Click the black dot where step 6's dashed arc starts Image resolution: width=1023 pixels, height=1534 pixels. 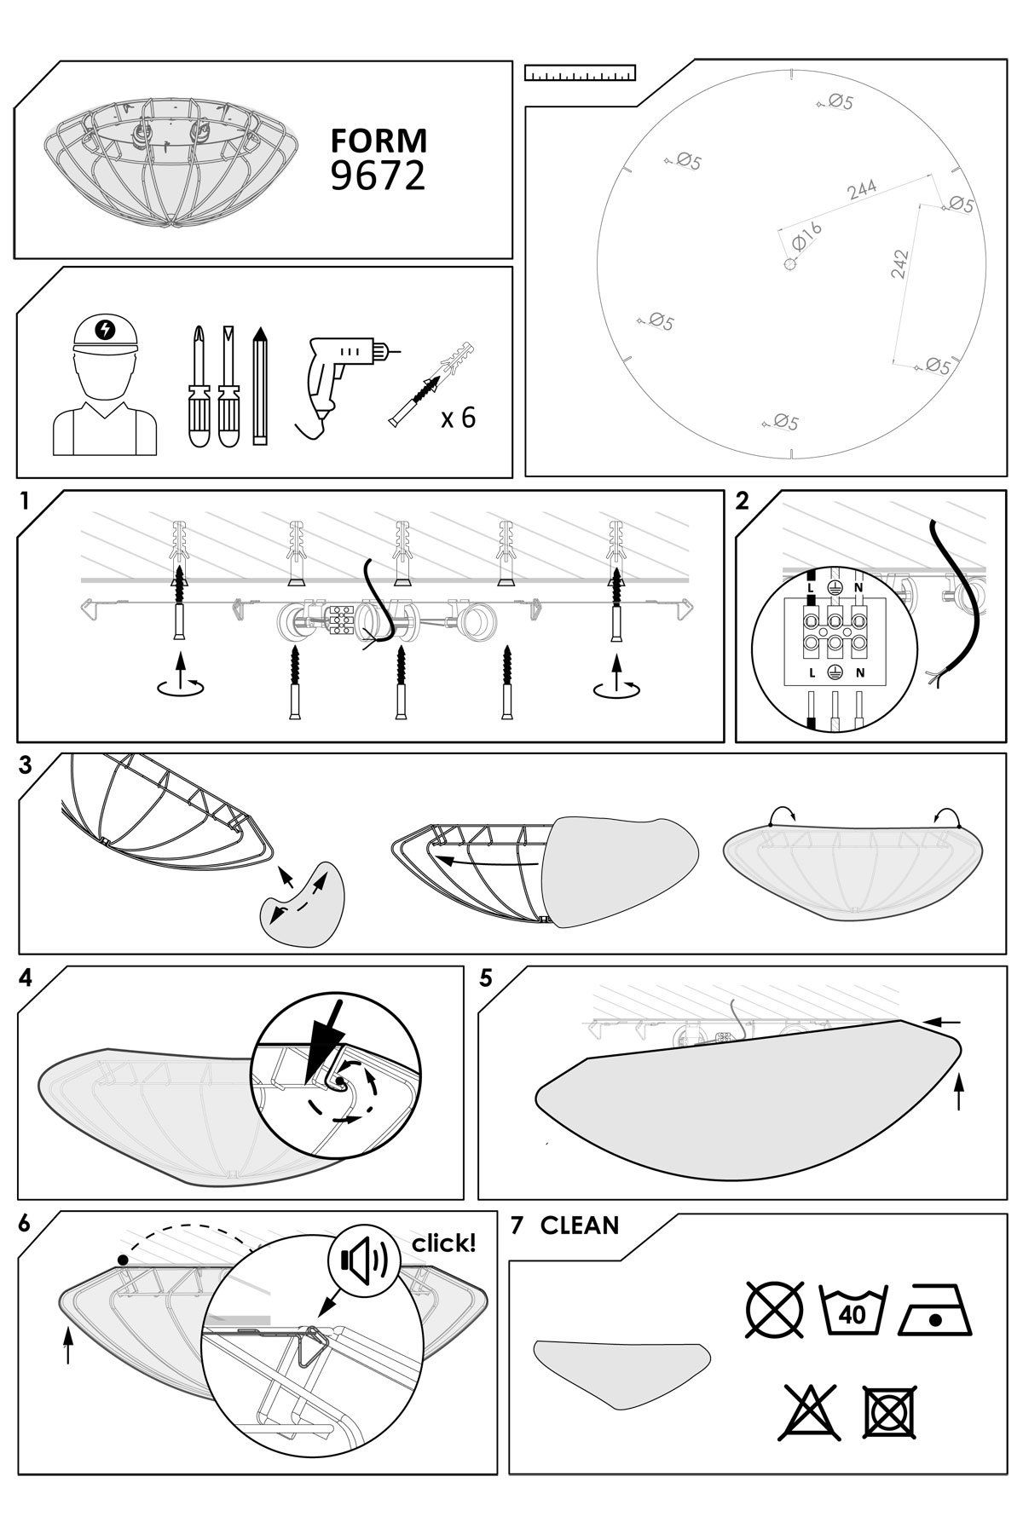(124, 1259)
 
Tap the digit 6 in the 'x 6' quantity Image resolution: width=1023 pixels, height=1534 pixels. (467, 418)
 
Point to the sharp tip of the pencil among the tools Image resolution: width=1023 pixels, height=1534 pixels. (261, 327)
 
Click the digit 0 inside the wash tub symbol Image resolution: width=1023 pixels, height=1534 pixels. (861, 1313)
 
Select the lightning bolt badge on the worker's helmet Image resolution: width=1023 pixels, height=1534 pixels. (106, 329)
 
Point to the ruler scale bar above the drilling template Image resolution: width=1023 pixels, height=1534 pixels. (581, 73)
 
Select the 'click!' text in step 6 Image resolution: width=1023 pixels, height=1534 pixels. (444, 1243)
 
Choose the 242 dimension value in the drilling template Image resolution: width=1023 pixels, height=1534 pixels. (899, 264)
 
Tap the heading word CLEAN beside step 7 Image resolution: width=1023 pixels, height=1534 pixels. (580, 1225)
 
